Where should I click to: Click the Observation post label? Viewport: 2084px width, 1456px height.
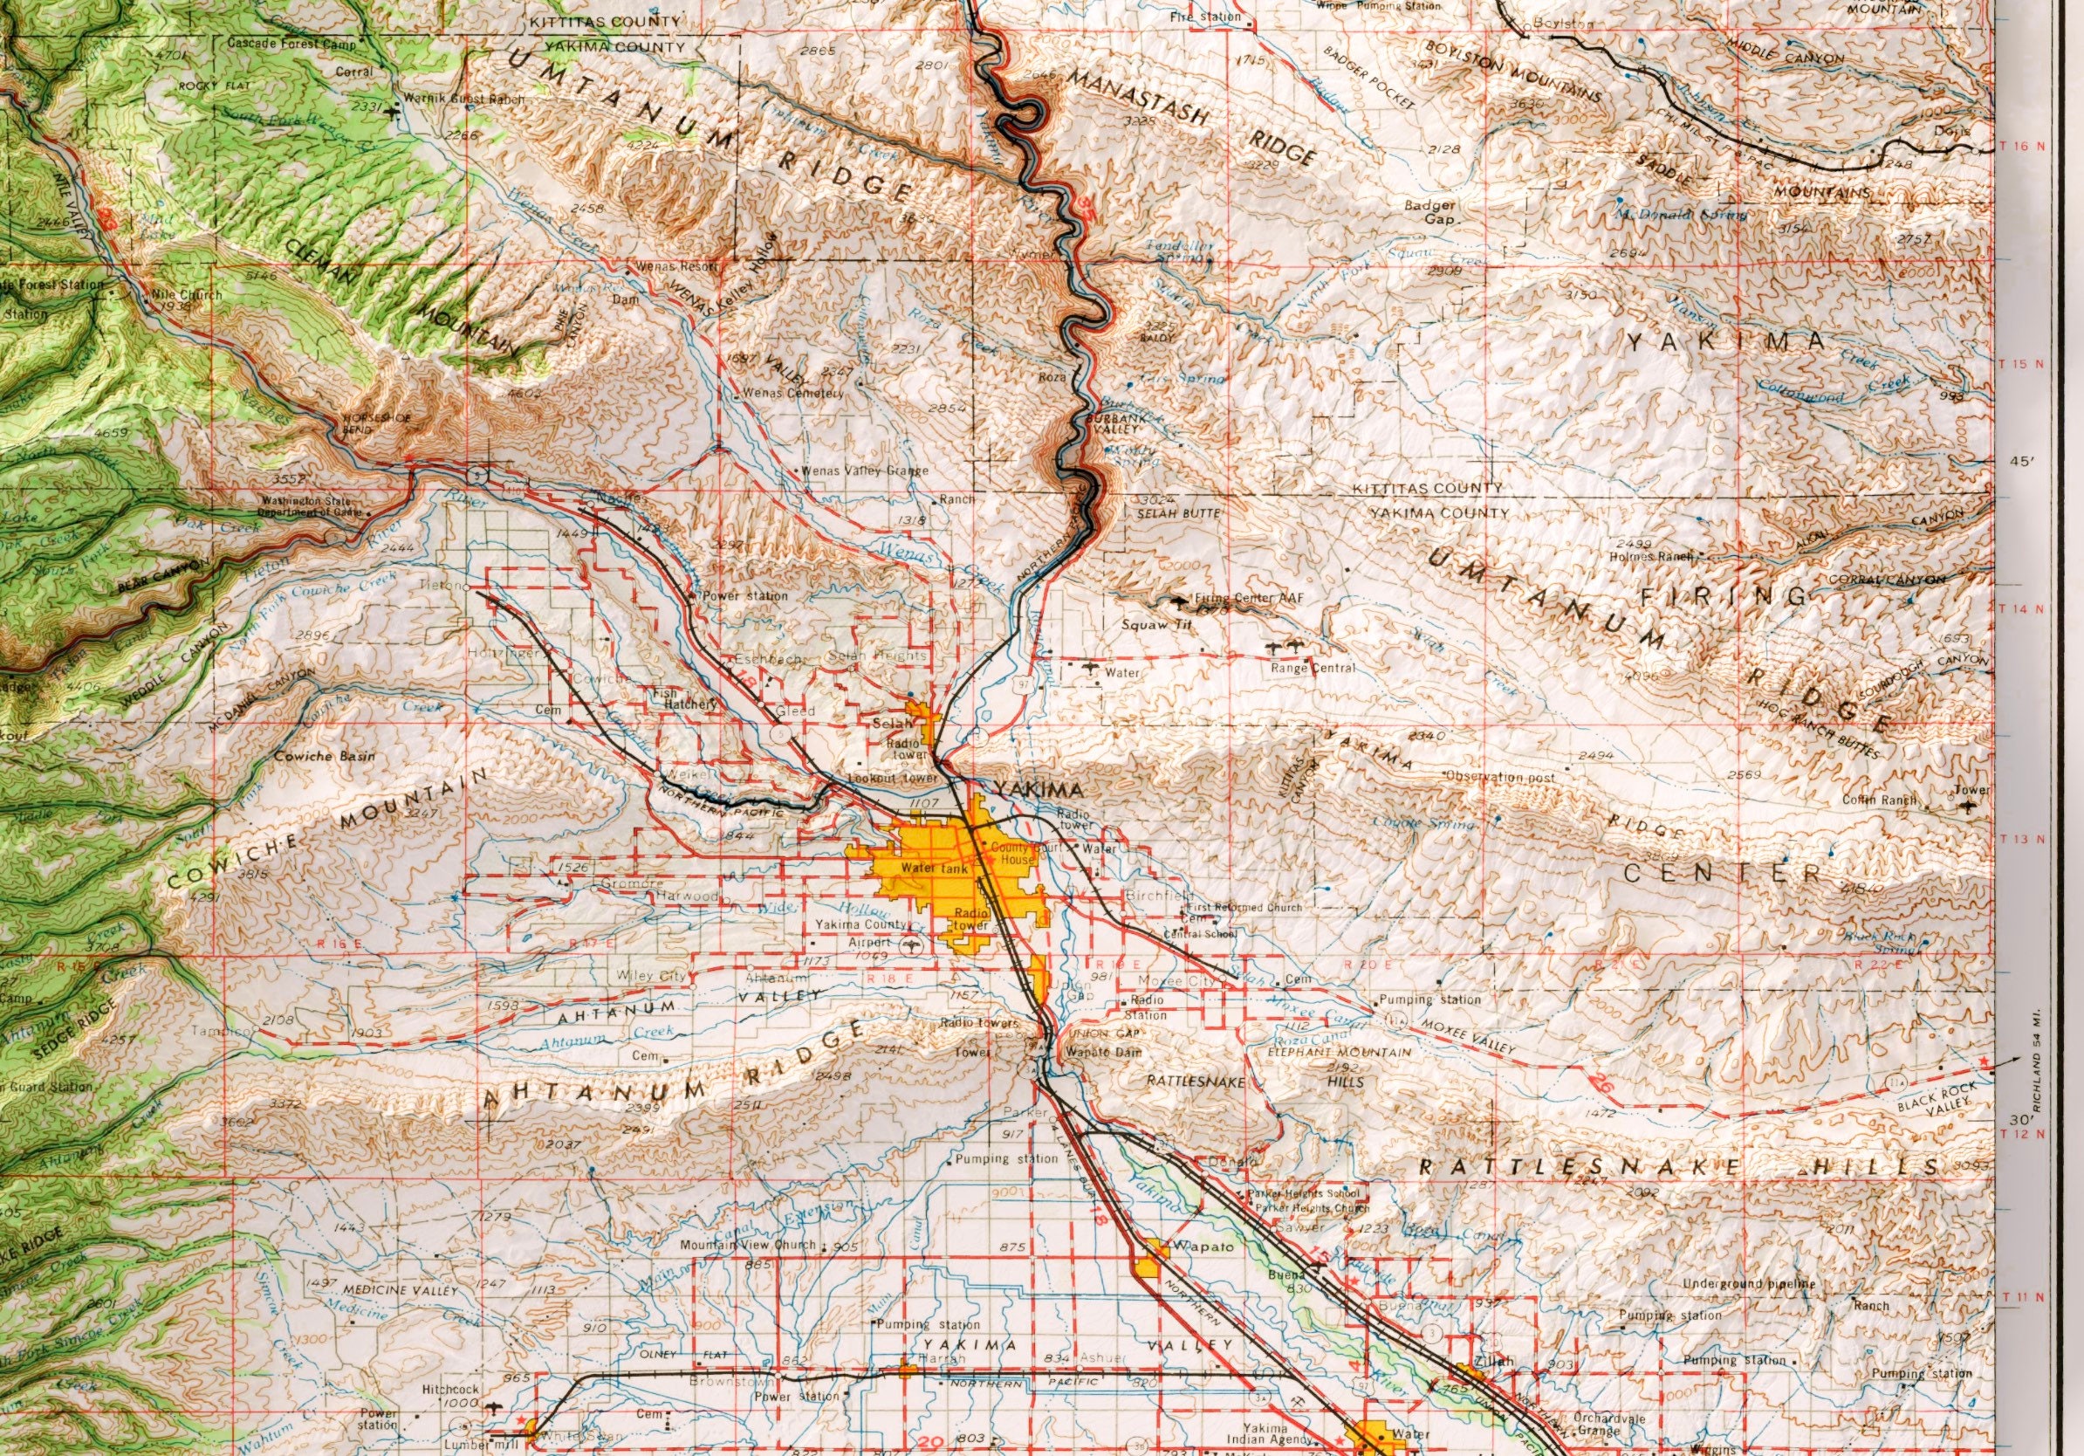tap(1500, 777)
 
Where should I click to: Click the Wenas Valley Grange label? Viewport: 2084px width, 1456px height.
tap(863, 471)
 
